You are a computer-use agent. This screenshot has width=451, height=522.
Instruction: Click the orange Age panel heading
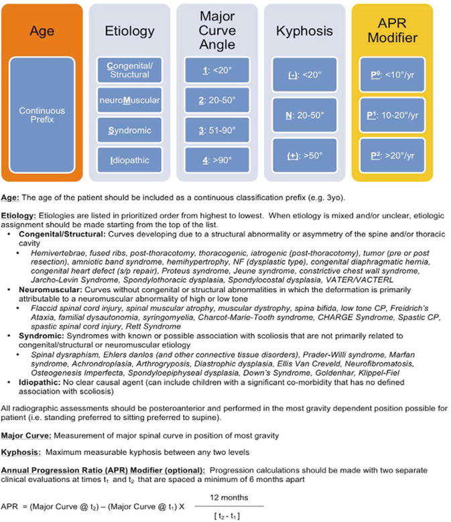point(42,31)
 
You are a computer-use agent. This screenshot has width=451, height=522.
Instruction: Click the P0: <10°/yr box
point(394,74)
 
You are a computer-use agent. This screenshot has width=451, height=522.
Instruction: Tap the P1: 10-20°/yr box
point(394,115)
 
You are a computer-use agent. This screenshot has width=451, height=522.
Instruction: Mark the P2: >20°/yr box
point(394,155)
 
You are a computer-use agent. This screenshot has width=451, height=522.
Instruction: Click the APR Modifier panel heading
point(394,31)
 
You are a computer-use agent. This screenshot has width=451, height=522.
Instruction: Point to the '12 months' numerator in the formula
point(229,497)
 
